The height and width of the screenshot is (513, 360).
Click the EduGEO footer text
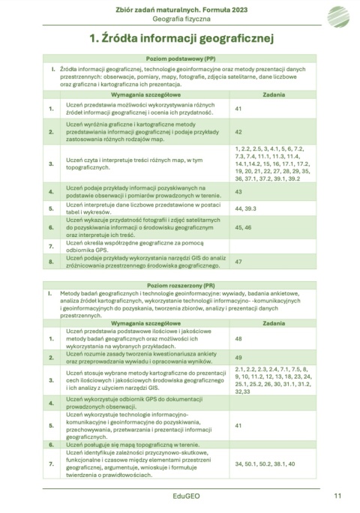pos(180,496)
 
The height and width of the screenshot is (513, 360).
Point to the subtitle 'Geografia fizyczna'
pos(180,18)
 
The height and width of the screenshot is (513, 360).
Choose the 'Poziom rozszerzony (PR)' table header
pos(180,286)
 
